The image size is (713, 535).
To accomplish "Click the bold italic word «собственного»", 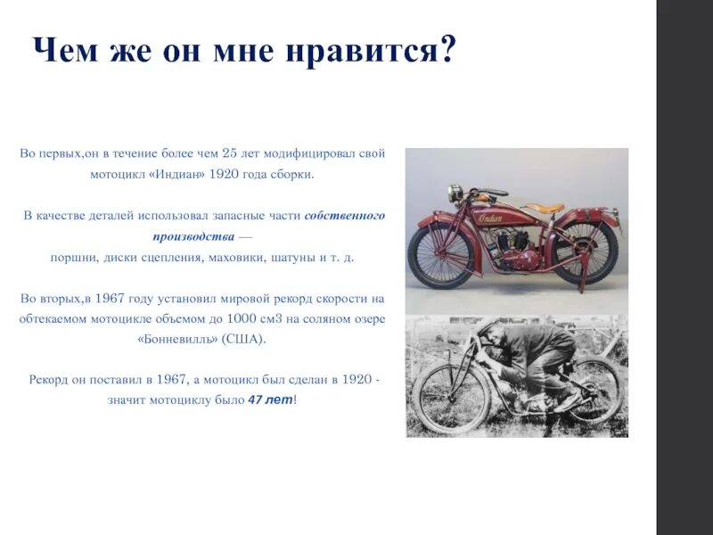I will (x=345, y=216).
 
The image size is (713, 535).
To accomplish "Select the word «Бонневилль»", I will (x=178, y=340).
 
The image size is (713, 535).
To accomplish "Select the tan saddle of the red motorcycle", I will (x=543, y=208).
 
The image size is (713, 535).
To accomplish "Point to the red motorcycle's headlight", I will (x=455, y=192).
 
